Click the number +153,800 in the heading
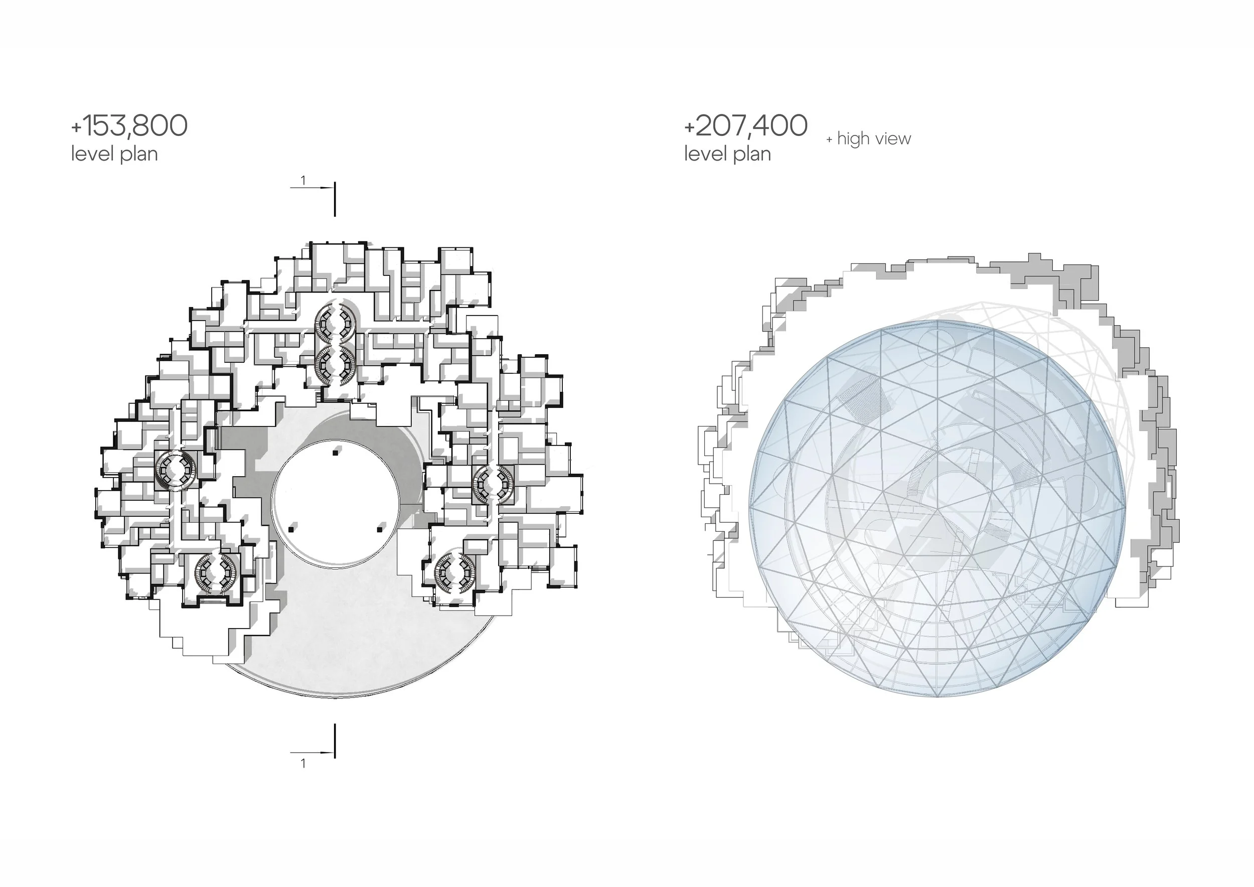(129, 125)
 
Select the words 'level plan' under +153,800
(114, 154)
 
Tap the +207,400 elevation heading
(745, 125)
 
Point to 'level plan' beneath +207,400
(727, 154)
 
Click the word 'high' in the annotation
(854, 139)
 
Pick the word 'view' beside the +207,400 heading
(893, 139)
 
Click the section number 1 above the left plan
(303, 180)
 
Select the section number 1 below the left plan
(303, 764)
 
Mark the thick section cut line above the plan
(335, 199)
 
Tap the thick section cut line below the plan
(335, 741)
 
